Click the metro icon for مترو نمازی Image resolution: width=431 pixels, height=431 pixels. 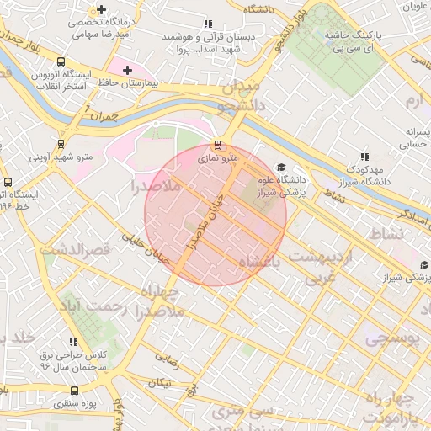(218, 144)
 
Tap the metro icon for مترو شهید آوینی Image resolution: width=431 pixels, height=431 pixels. (60, 143)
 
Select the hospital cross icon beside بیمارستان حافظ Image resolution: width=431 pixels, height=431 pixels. (127, 69)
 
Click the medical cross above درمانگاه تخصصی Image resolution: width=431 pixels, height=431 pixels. (102, 9)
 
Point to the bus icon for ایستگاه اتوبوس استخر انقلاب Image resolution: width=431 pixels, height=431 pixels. (60, 61)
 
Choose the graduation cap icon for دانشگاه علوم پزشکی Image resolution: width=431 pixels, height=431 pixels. (280, 168)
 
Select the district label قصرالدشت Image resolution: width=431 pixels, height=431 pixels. (77, 250)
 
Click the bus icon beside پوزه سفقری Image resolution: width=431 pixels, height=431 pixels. (75, 391)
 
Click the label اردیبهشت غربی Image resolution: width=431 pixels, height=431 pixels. (316, 264)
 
